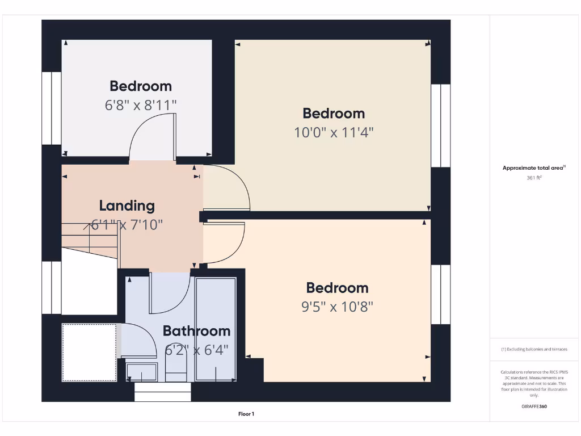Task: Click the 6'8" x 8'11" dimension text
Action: pyautogui.click(x=141, y=106)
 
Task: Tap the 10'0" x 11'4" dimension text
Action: pyautogui.click(x=334, y=133)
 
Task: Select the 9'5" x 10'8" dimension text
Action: pyautogui.click(x=337, y=307)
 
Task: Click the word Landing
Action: pyautogui.click(x=127, y=206)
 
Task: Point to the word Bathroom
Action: pyautogui.click(x=196, y=331)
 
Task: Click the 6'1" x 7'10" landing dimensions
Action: pyautogui.click(x=127, y=225)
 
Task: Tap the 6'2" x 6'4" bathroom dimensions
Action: pyautogui.click(x=196, y=350)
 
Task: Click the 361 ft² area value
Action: pyautogui.click(x=534, y=178)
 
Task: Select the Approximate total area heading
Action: pyautogui.click(x=534, y=167)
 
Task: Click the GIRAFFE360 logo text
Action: pyautogui.click(x=534, y=406)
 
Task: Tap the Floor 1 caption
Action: pyautogui.click(x=246, y=414)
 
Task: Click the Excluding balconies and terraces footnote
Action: pyautogui.click(x=534, y=349)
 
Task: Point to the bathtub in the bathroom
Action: pyautogui.click(x=216, y=329)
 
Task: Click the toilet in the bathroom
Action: pyautogui.click(x=175, y=372)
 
